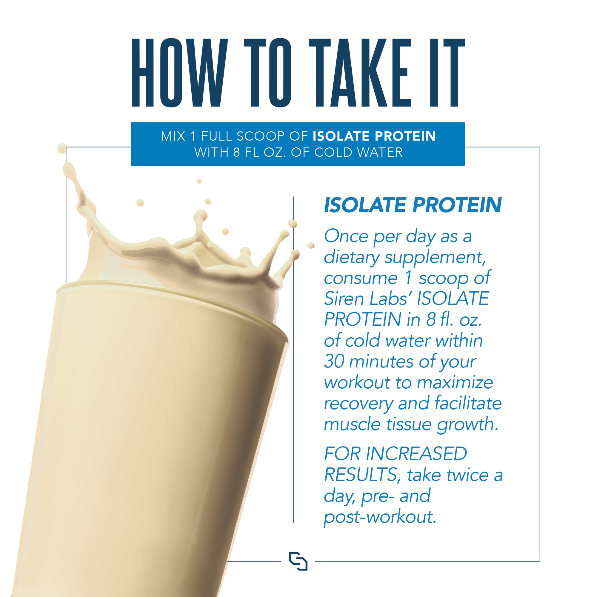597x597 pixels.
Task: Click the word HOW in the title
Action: tap(179, 73)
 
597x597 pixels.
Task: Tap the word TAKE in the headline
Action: tap(360, 73)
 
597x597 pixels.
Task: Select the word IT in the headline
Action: tap(448, 73)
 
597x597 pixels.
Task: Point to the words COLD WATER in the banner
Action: tap(358, 152)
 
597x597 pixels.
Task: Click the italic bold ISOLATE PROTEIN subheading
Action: tap(413, 205)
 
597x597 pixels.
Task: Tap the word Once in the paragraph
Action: tap(346, 236)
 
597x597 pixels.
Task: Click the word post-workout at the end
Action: tap(380, 517)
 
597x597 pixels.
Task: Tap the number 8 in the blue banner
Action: tap(237, 152)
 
